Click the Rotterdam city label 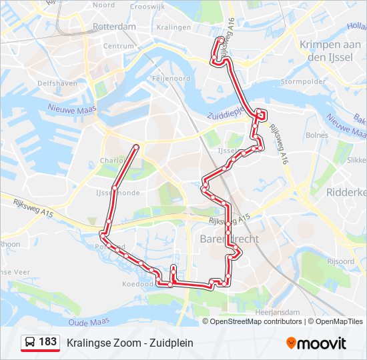tap(114, 27)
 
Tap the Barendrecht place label tap(229, 238)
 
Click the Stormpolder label tap(303, 82)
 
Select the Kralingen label tap(172, 27)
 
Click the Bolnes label tap(316, 135)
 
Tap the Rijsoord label tap(341, 261)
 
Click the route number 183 tap(48, 342)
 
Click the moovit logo tap(316, 343)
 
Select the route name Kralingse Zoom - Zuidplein tap(130, 343)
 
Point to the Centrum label tap(119, 46)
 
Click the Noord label tap(103, 5)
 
